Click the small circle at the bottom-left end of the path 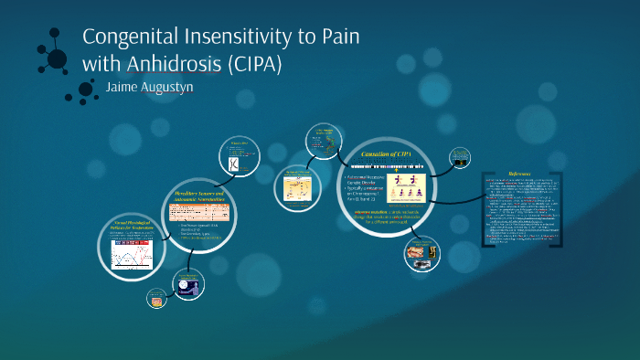tap(156, 298)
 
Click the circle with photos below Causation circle tap(425, 255)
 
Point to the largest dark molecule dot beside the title tap(57, 59)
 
